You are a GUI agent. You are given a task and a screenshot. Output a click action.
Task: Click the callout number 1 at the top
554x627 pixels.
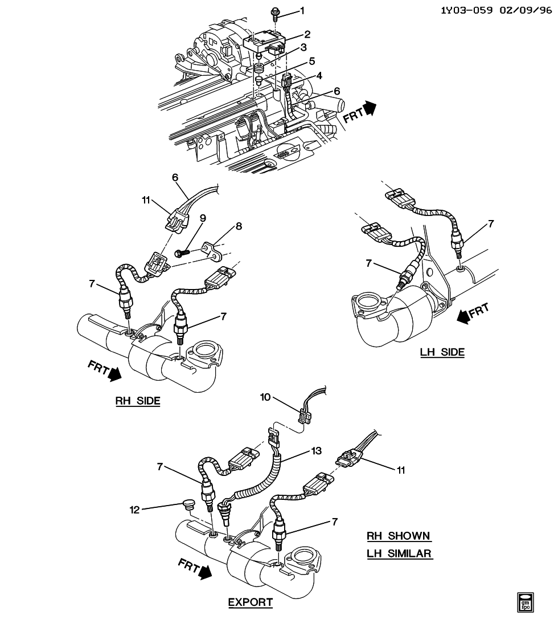point(303,11)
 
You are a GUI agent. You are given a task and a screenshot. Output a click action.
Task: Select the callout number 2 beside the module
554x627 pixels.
point(307,34)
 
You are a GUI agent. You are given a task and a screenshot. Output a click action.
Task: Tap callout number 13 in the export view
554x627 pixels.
point(317,450)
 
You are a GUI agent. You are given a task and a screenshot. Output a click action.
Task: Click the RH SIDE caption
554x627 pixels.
point(138,401)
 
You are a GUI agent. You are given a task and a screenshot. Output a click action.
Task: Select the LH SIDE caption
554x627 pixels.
point(442,352)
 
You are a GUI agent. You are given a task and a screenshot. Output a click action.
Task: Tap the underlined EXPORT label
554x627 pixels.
point(250,602)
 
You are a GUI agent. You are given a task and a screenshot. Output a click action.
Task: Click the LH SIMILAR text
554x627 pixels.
point(399,553)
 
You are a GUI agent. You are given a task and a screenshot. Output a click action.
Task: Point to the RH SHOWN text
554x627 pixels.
point(399,536)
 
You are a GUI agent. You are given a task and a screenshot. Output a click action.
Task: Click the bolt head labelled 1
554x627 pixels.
point(275,11)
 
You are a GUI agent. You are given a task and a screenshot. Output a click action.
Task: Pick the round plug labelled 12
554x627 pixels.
point(188,504)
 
